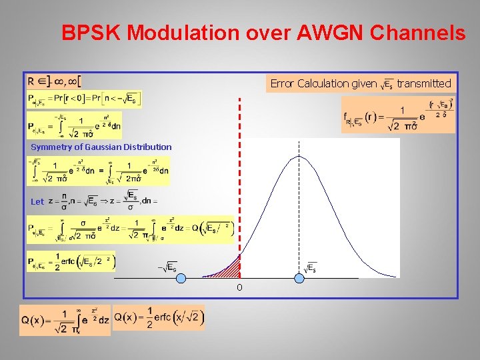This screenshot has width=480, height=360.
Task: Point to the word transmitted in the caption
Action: click(424, 83)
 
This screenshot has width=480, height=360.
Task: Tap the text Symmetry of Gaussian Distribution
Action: click(101, 147)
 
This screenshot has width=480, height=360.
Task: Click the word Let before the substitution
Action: click(37, 201)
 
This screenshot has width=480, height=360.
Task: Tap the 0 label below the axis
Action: click(239, 288)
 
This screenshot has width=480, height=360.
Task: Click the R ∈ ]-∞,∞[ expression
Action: click(54, 81)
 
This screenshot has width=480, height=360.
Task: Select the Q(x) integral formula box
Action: click(65, 321)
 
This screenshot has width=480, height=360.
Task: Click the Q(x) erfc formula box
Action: click(159, 317)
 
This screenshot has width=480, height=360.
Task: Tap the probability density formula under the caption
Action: click(399, 115)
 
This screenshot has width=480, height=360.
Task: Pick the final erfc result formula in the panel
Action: click(71, 261)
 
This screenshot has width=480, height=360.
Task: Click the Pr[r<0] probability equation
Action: click(85, 99)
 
